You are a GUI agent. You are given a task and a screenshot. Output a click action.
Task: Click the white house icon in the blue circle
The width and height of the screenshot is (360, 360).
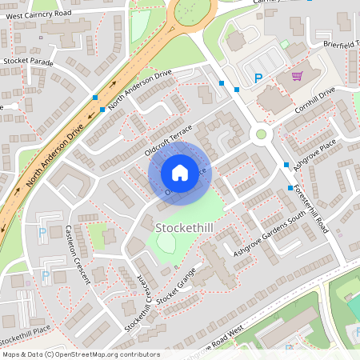click(180, 172)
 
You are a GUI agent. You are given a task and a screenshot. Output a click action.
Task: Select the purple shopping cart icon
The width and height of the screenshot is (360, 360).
click(297, 77)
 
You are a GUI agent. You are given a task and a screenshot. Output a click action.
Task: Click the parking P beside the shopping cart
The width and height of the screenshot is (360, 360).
click(258, 78)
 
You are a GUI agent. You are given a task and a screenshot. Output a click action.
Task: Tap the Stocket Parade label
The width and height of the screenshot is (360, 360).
click(27, 60)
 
